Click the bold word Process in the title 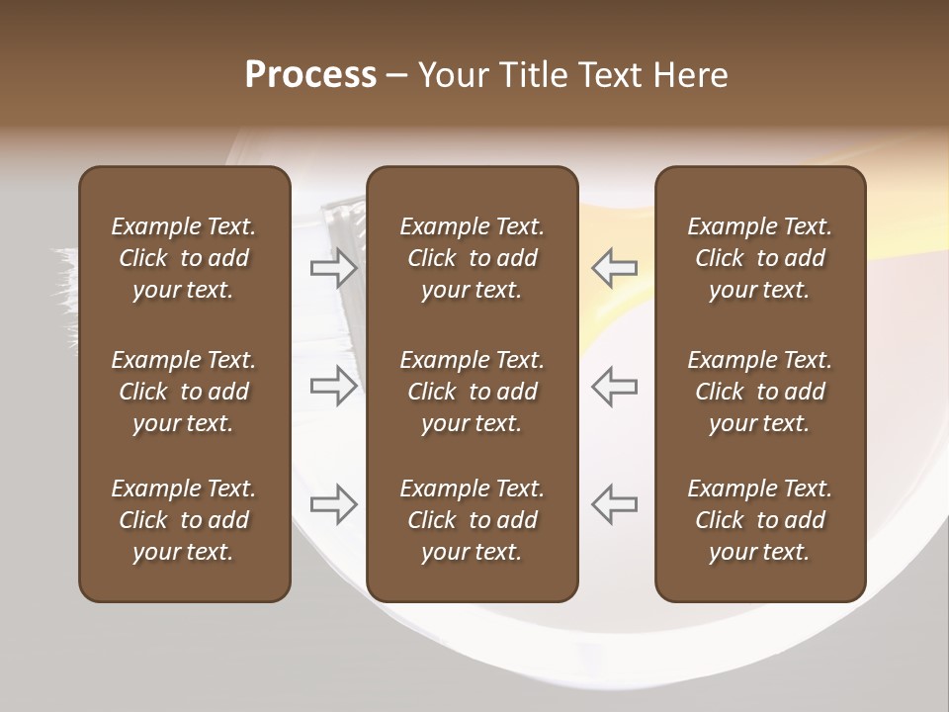tap(310, 75)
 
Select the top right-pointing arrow tap(333, 267)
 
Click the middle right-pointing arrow tap(333, 386)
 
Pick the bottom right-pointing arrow tap(333, 504)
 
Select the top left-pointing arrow tap(615, 267)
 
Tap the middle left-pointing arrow tap(615, 386)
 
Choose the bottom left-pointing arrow tap(615, 504)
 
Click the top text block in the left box tap(184, 258)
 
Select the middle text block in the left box tap(184, 392)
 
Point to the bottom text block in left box tap(184, 520)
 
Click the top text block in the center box tap(472, 258)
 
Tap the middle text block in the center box tap(472, 392)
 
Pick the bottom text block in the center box tap(472, 520)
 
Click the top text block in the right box tap(759, 258)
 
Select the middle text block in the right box tap(759, 392)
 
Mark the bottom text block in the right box tap(759, 520)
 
